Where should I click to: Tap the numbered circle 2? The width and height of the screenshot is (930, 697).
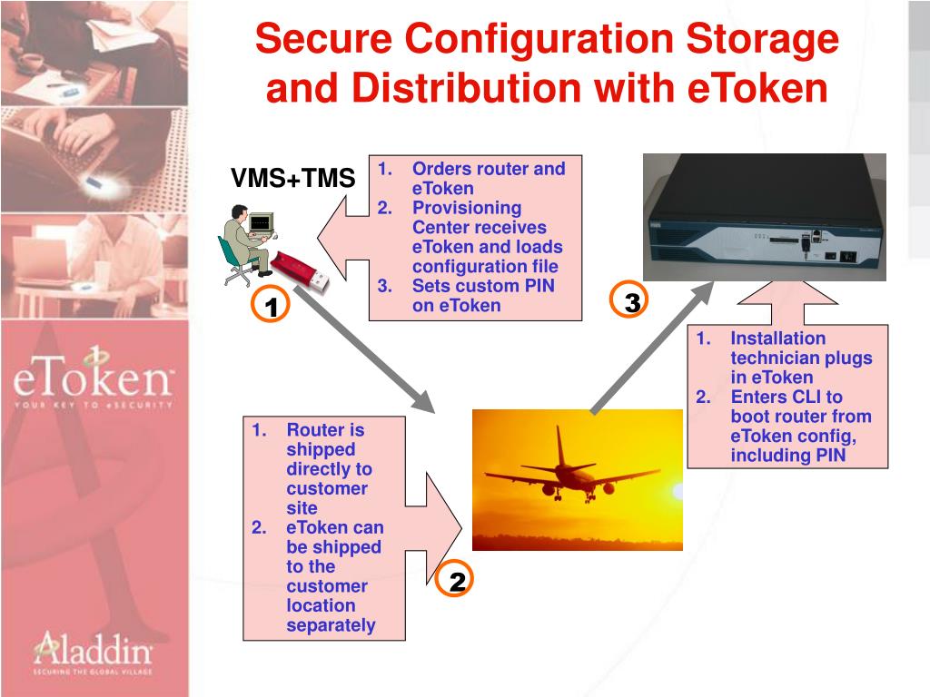457,582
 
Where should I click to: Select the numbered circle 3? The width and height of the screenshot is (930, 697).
632,303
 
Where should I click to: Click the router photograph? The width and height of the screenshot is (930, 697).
764,217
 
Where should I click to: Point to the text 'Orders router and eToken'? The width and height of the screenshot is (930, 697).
487,178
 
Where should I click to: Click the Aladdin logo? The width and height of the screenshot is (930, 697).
93,653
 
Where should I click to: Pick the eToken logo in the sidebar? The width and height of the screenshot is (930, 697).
93,381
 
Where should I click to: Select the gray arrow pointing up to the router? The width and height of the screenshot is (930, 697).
653,345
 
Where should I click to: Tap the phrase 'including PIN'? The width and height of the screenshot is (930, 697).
787,456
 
